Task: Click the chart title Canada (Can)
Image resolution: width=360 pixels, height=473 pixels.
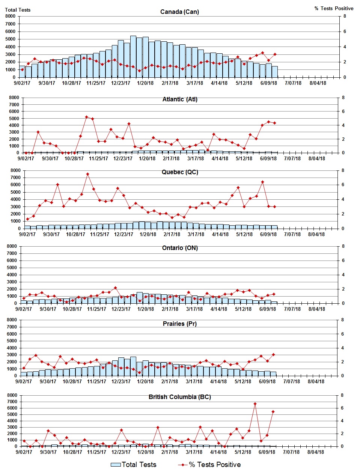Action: [179, 12]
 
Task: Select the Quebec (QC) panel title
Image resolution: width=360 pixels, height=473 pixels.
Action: [180, 172]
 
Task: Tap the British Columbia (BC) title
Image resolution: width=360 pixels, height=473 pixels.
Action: [179, 397]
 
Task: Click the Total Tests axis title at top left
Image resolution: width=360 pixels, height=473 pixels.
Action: [18, 10]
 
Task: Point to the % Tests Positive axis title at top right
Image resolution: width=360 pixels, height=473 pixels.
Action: [334, 8]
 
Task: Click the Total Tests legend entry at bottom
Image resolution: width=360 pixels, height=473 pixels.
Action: [134, 464]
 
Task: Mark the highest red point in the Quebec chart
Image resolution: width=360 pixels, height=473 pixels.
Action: [87, 174]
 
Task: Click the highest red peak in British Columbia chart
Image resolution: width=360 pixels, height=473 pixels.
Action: [255, 404]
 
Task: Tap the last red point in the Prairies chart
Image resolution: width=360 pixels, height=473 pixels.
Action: [273, 354]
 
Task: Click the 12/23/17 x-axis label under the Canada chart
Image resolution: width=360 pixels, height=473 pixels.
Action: [121, 83]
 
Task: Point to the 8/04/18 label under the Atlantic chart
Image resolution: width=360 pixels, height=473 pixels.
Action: [317, 158]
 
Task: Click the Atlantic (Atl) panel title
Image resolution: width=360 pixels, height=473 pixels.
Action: [180, 99]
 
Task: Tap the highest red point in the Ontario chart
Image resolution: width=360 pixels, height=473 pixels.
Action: [115, 288]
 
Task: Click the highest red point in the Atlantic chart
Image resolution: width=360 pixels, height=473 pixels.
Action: [86, 117]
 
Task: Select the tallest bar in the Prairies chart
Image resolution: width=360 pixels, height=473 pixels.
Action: [133, 366]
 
